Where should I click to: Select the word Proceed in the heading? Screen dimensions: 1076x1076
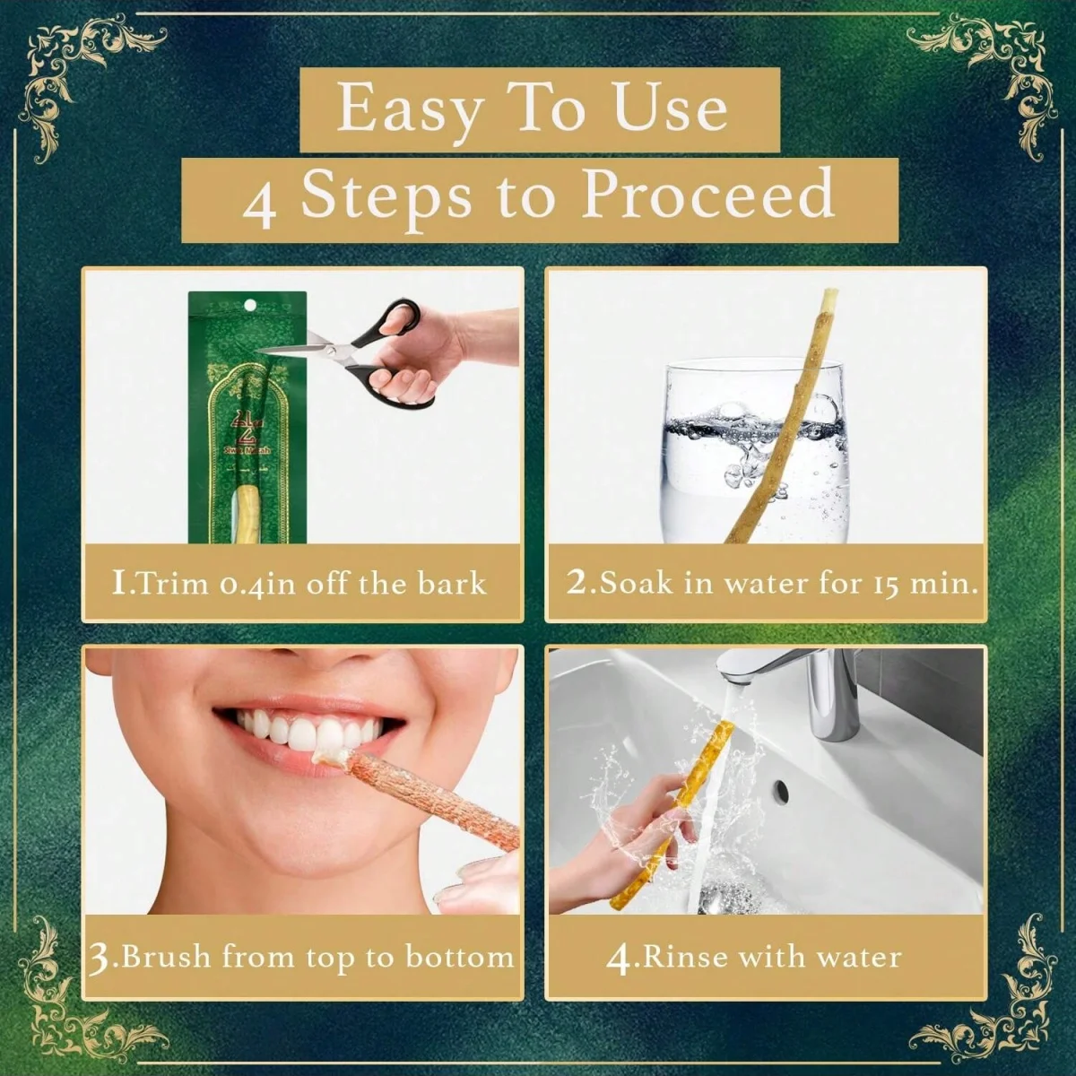(x=708, y=195)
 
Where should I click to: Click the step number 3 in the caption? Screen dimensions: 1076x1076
(x=100, y=958)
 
